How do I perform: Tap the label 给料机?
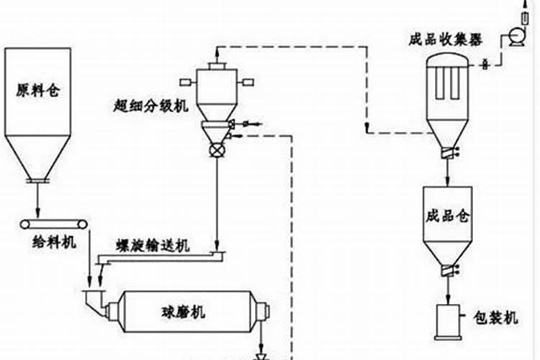coord(55,243)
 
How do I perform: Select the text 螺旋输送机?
coord(153,247)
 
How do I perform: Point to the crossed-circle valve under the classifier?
coord(216,150)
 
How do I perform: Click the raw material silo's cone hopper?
coord(38,155)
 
